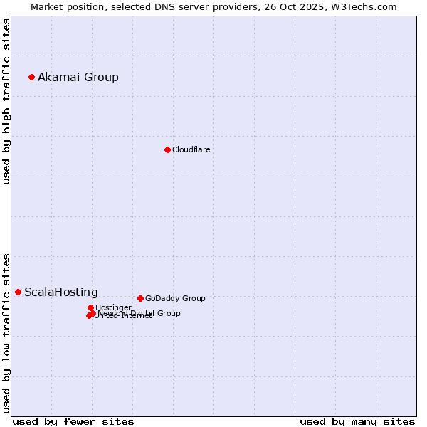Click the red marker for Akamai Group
point(31,77)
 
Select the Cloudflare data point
point(167,149)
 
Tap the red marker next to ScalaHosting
point(18,292)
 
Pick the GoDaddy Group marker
point(140,298)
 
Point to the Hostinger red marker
point(90,307)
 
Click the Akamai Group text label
point(78,77)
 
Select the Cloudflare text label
point(191,149)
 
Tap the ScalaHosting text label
point(61,292)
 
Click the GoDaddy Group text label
point(175,298)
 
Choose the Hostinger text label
point(113,307)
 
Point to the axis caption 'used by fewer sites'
point(73,421)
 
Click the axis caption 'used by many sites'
point(357,421)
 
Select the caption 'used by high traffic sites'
point(6,101)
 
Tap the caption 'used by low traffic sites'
point(6,332)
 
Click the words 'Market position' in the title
point(62,6)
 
